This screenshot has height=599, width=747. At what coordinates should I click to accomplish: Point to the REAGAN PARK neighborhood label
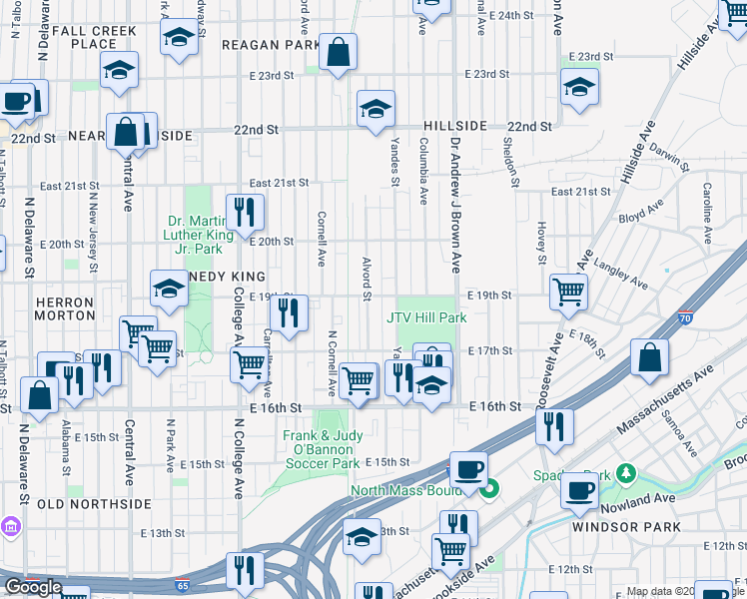tap(264, 45)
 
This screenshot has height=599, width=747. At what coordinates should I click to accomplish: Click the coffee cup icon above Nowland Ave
tap(579, 490)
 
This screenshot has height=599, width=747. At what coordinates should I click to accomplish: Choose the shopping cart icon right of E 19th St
tap(568, 292)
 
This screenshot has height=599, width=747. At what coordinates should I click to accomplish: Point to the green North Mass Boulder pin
tap(489, 489)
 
